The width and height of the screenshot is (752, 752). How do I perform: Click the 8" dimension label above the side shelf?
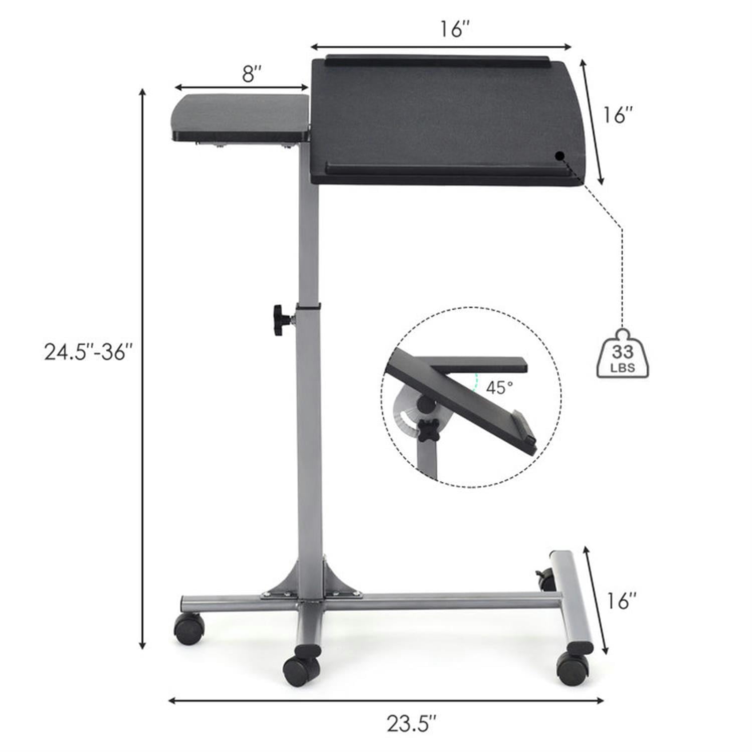pos(253,75)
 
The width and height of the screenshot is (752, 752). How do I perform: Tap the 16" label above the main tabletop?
pos(455,29)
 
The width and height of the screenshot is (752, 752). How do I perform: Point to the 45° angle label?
pos(499,388)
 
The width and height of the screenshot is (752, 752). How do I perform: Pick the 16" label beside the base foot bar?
pos(621,600)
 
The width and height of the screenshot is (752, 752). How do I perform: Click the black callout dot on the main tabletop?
pos(560,155)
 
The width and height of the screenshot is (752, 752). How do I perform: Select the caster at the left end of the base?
pos(189,629)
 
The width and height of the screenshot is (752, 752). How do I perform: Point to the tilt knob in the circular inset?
pos(429,431)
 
